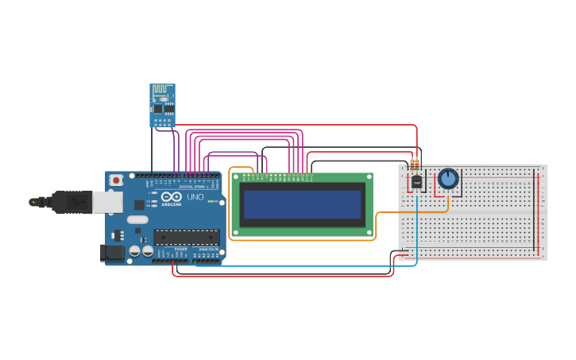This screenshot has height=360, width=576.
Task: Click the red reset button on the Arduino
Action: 116,180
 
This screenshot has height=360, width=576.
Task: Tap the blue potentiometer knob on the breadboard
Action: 448,178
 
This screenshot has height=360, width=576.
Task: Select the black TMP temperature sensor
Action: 416,182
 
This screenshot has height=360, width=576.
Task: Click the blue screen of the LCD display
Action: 302,204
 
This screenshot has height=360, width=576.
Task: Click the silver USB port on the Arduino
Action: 107,202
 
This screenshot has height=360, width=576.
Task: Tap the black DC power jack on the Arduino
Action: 112,253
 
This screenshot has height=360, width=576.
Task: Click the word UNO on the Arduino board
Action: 195,197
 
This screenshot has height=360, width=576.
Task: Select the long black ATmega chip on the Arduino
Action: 187,236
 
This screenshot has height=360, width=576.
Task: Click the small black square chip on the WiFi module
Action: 158,107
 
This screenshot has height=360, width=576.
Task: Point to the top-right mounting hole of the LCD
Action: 368,177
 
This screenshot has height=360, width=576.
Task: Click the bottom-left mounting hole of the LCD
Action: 235,232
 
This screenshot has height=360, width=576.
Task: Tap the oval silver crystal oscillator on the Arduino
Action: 137,219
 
